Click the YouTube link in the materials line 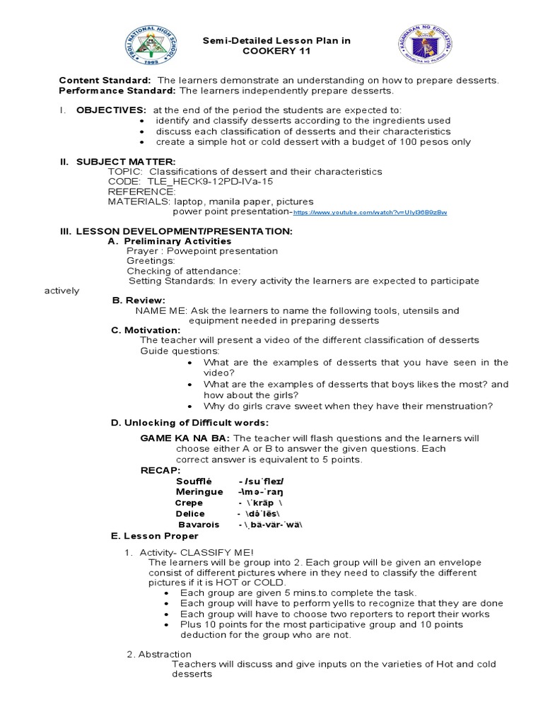point(370,212)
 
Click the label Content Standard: point(105,81)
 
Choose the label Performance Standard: point(117,90)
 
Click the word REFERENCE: point(141,192)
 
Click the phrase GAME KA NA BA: point(185,438)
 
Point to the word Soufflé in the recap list point(194,481)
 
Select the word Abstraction point(164,654)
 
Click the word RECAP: point(160,470)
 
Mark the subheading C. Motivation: point(146,330)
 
